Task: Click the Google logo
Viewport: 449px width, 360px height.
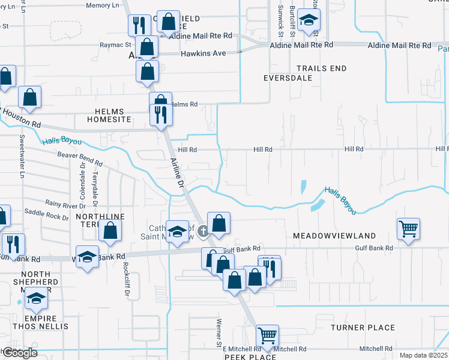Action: pos(19,353)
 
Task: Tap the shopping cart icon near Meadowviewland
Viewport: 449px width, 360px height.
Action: pos(408,229)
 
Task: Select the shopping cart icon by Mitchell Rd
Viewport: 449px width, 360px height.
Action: pos(267,335)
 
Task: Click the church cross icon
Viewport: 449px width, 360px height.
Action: pos(203,230)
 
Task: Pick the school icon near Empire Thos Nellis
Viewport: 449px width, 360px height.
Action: pos(37,298)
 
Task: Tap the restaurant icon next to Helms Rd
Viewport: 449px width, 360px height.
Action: pos(160,114)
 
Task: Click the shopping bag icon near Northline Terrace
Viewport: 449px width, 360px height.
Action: pos(110,230)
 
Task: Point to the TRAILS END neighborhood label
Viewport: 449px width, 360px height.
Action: pos(321,68)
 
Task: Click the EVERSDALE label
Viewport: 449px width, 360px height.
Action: pos(288,78)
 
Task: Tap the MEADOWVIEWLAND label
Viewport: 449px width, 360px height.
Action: pos(334,236)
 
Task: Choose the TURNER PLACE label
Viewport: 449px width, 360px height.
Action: pos(363,328)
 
